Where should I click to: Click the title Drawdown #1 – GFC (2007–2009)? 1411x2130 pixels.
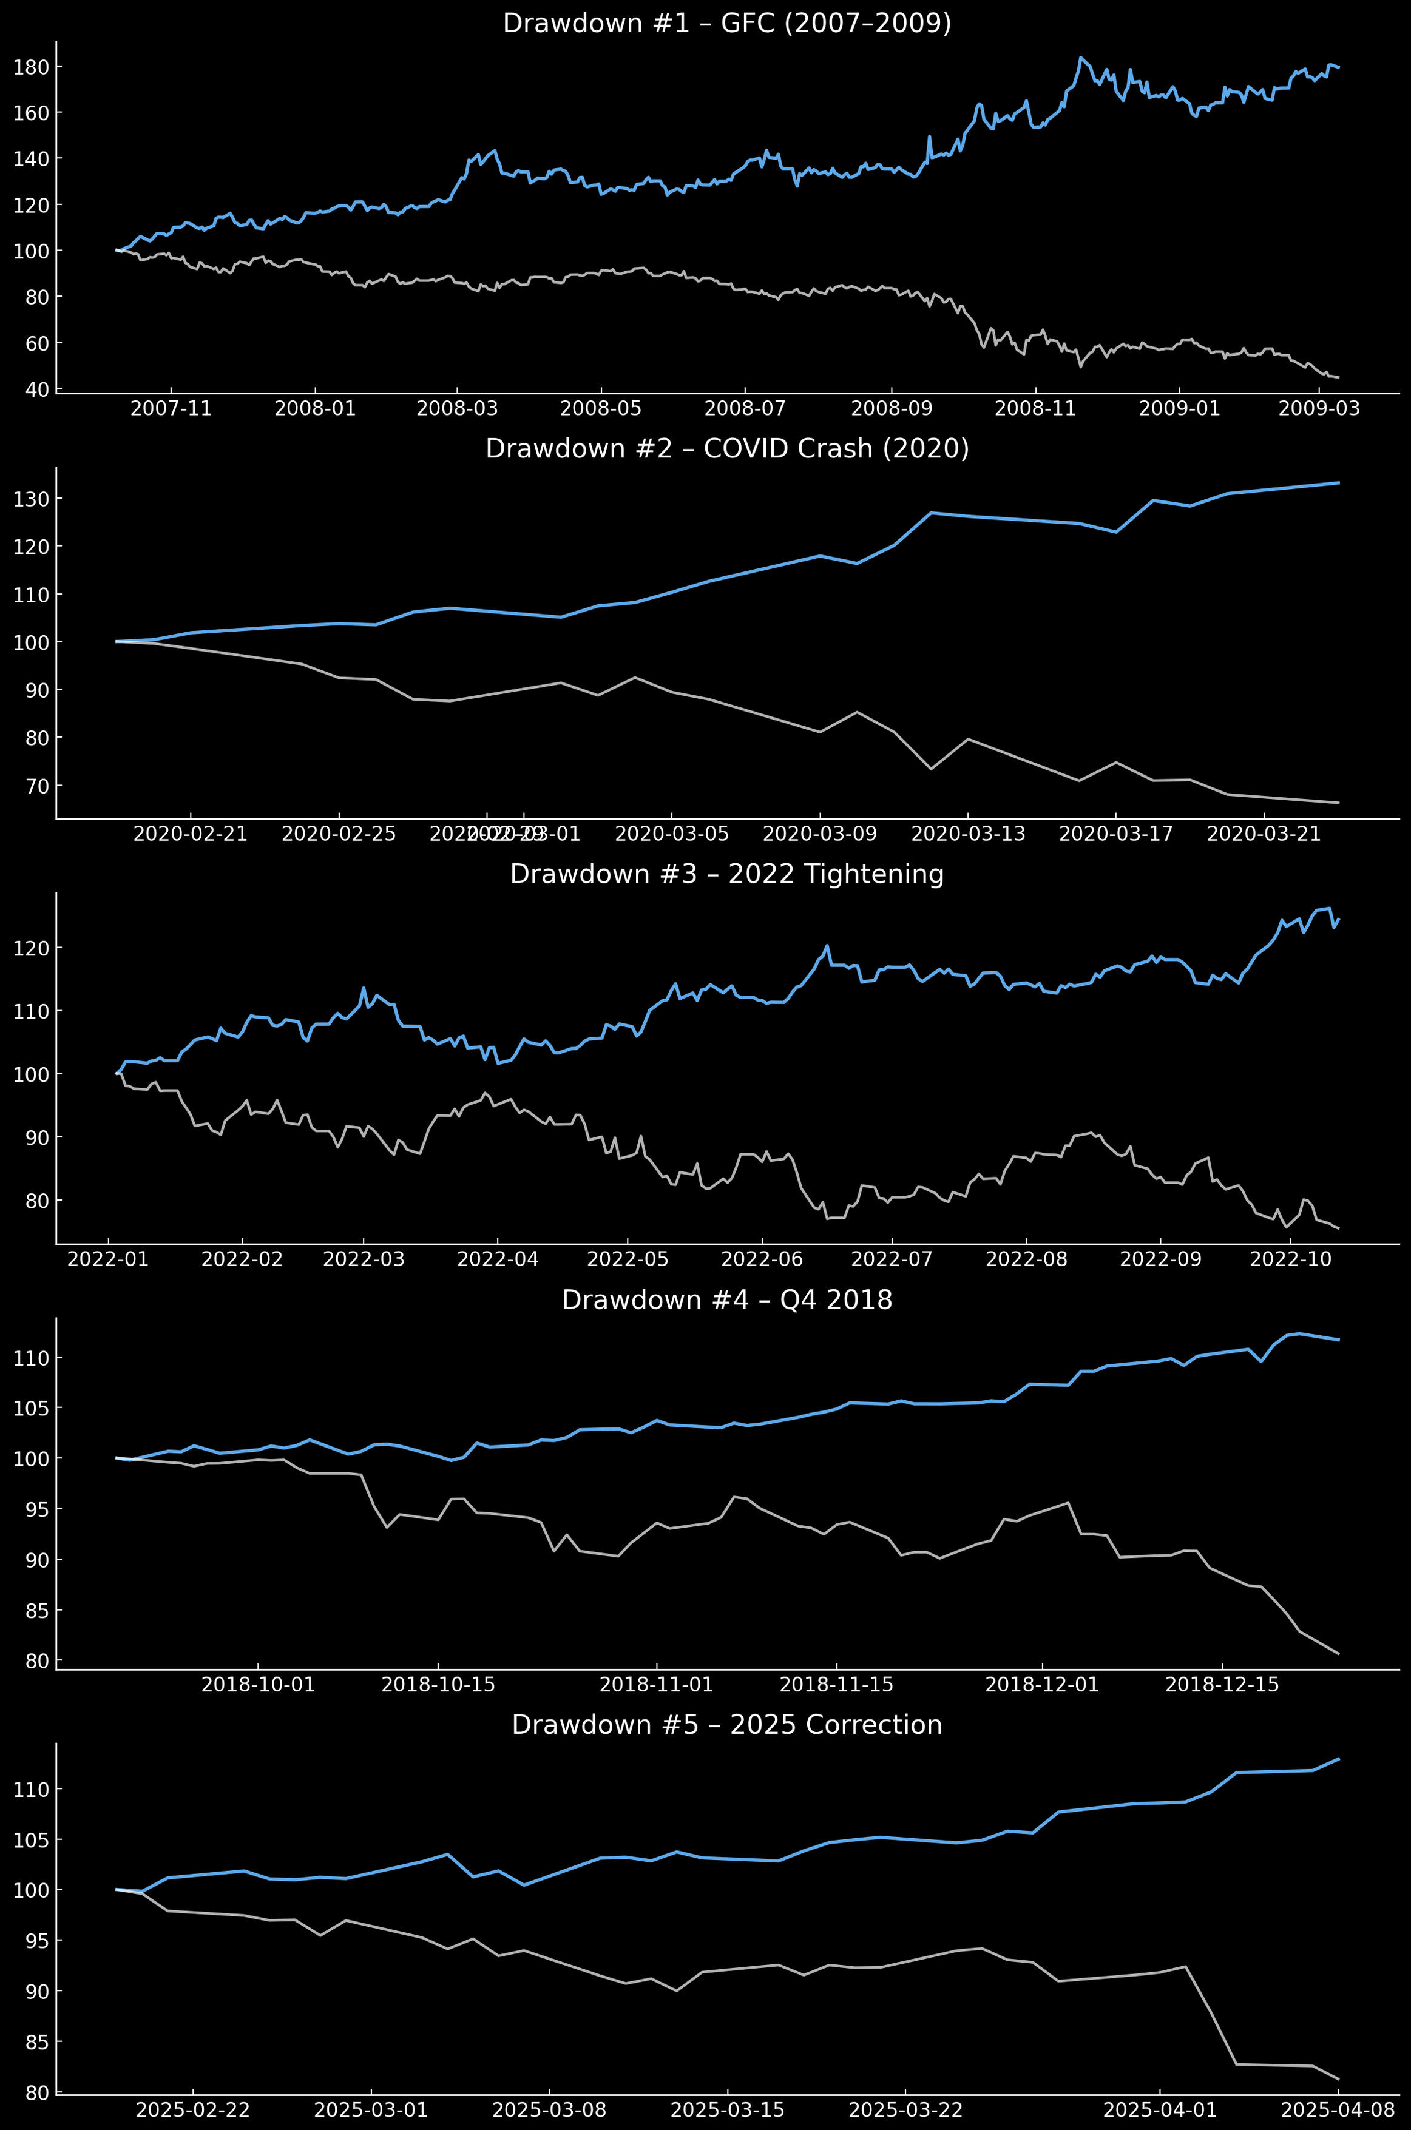[x=727, y=24]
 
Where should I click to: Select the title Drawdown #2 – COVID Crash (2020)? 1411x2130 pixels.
[x=727, y=449]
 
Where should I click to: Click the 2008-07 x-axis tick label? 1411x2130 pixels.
[x=745, y=409]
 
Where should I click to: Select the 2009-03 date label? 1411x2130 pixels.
[x=1318, y=409]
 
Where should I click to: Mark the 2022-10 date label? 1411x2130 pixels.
[x=1290, y=1259]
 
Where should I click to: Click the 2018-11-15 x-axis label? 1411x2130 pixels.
[x=837, y=1685]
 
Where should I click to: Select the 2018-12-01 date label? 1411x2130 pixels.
[x=1042, y=1685]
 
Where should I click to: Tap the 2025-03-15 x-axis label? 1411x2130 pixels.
[x=727, y=2110]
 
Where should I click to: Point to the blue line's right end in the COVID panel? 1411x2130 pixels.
[x=1339, y=483]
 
